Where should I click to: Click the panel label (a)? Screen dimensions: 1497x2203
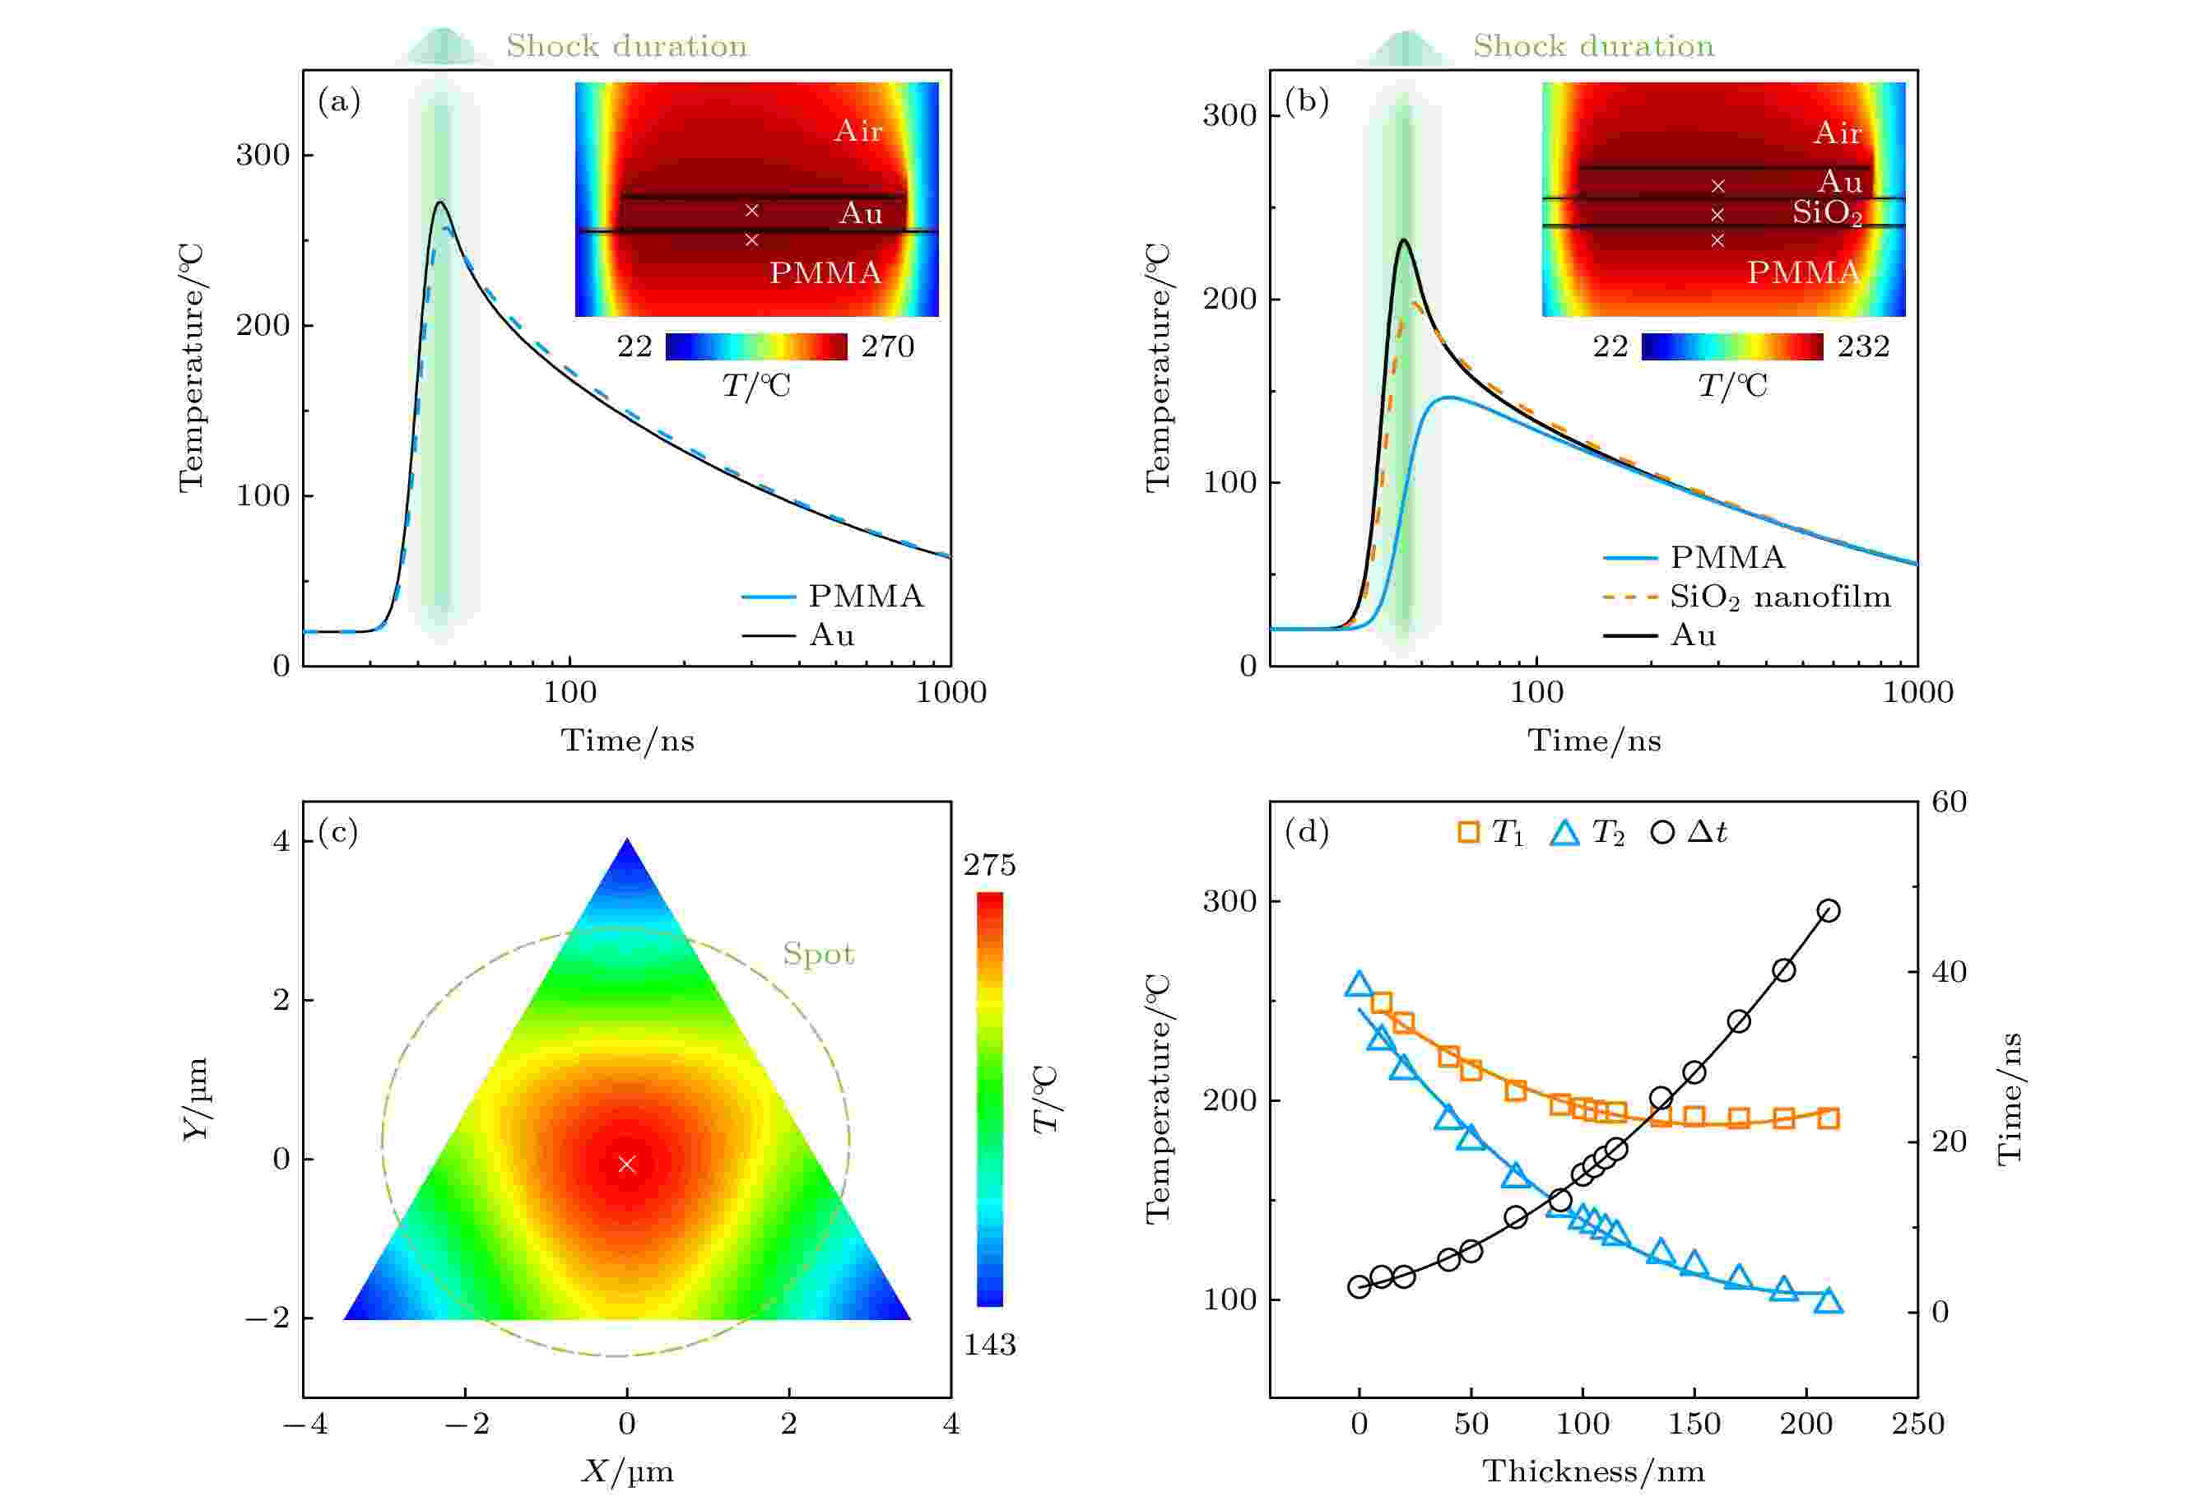[339, 100]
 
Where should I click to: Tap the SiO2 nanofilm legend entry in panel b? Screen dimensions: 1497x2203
[1778, 597]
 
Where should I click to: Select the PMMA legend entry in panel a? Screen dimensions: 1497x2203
[865, 597]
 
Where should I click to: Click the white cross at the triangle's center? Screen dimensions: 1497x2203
[626, 1163]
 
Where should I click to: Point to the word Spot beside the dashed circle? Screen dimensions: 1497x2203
[818, 954]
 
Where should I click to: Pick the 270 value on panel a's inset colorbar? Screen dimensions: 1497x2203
[887, 347]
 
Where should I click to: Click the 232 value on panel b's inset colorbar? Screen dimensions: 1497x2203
[1862, 347]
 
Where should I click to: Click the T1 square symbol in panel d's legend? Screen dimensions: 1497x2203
[1467, 832]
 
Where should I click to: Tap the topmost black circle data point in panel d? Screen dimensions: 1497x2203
[1829, 911]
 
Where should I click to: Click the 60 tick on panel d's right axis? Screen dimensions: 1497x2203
[1949, 802]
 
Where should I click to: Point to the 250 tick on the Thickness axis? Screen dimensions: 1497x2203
[1917, 1423]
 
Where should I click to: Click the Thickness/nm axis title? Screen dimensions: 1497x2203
[1593, 1471]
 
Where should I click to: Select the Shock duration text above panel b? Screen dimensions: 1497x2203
[1592, 45]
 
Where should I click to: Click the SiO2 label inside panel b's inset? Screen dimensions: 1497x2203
[1826, 213]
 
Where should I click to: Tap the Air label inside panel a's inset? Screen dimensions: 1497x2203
[857, 131]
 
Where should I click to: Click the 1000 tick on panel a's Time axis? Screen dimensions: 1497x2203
[950, 692]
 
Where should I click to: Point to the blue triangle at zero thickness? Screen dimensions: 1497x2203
[1359, 984]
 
